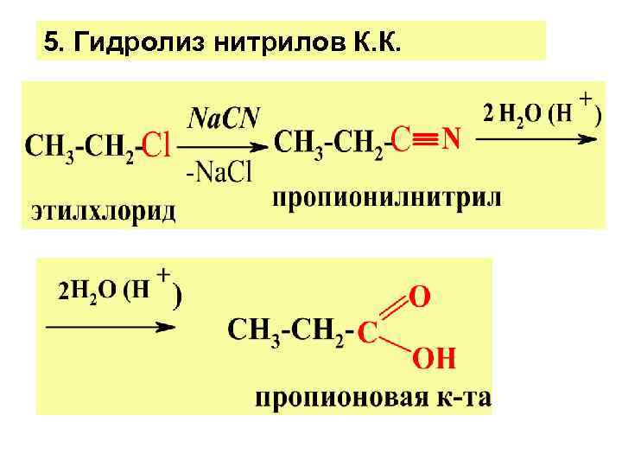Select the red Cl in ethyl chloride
156,145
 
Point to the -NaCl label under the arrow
219,173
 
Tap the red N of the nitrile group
452,138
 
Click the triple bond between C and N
424,138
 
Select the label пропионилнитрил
386,198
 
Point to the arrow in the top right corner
539,138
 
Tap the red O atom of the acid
419,297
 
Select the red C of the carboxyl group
368,331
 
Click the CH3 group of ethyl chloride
48,145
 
